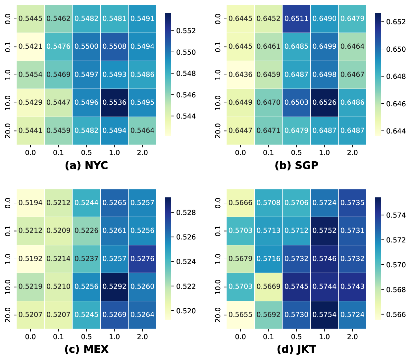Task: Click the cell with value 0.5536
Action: pos(114,103)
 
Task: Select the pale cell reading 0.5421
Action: pos(30,47)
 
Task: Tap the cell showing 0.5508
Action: pos(114,47)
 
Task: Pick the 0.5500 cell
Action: pos(86,47)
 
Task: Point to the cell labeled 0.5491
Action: pos(142,19)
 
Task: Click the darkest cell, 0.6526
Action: pos(324,103)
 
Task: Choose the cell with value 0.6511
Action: pos(296,19)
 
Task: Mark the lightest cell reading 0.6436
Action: pos(240,75)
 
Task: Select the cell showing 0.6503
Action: pos(296,103)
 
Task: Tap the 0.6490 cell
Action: pos(324,19)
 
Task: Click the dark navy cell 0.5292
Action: pos(114,287)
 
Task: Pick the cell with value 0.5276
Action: pos(142,259)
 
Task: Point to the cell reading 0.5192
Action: pos(30,259)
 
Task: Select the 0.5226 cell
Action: pos(86,231)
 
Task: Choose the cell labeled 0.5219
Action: pos(30,287)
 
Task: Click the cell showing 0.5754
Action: pos(324,315)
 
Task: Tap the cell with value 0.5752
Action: pos(324,231)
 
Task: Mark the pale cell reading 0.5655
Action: pos(240,315)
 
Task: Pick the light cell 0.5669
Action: pos(268,287)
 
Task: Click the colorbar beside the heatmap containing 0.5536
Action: pos(168,75)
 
